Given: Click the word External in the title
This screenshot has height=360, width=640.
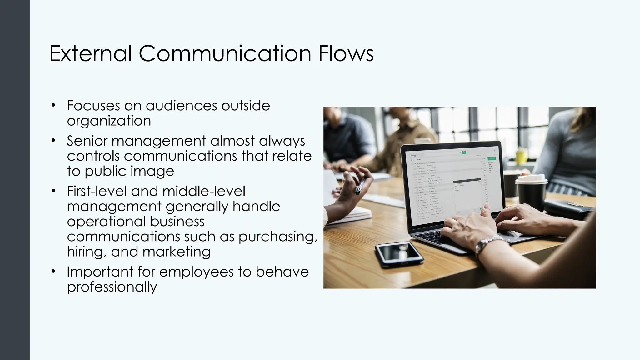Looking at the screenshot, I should [91, 53].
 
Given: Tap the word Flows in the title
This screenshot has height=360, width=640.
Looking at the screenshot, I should [346, 53].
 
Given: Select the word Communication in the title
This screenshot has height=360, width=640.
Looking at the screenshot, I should [225, 53].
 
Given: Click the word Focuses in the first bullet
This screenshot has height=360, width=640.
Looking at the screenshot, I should [93, 106].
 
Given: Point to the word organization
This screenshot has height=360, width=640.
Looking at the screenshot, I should [109, 121].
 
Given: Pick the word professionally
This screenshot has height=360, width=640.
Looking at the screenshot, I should [112, 287].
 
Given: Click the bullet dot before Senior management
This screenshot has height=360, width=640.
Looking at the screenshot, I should [53, 141].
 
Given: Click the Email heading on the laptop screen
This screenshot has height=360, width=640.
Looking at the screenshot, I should [413, 155].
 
